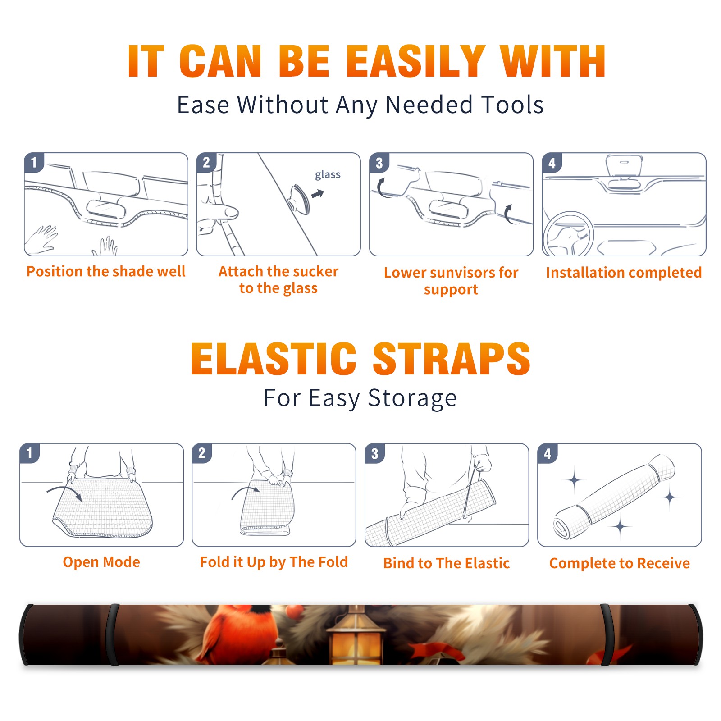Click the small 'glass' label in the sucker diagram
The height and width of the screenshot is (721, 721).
(x=328, y=175)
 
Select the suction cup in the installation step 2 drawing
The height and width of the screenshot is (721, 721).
(x=300, y=199)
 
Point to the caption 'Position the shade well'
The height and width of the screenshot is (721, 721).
(x=106, y=271)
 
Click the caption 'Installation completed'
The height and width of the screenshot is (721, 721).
(x=624, y=273)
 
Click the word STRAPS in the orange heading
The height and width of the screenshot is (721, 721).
(x=452, y=359)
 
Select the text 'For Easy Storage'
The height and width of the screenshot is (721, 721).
(x=360, y=398)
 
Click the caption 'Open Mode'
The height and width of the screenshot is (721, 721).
(x=101, y=562)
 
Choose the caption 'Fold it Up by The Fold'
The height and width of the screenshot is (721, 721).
(x=274, y=562)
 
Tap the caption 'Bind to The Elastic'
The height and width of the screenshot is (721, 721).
(x=447, y=563)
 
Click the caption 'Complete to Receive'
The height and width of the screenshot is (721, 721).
(x=620, y=563)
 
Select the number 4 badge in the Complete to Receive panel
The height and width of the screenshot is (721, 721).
(x=548, y=454)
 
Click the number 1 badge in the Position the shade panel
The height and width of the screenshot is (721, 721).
(x=34, y=162)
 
